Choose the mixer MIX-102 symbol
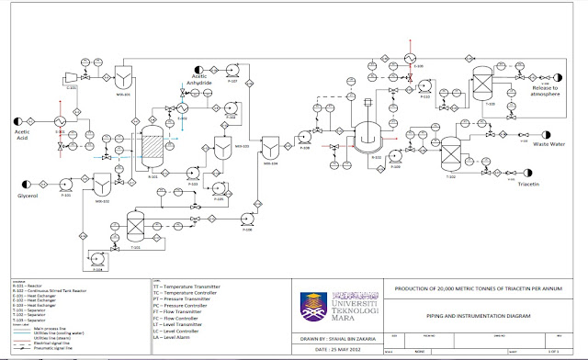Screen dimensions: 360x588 pyautogui.click(x=104, y=186)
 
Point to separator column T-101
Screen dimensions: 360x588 pyautogui.click(x=135, y=224)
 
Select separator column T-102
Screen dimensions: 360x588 pyautogui.click(x=450, y=149)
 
